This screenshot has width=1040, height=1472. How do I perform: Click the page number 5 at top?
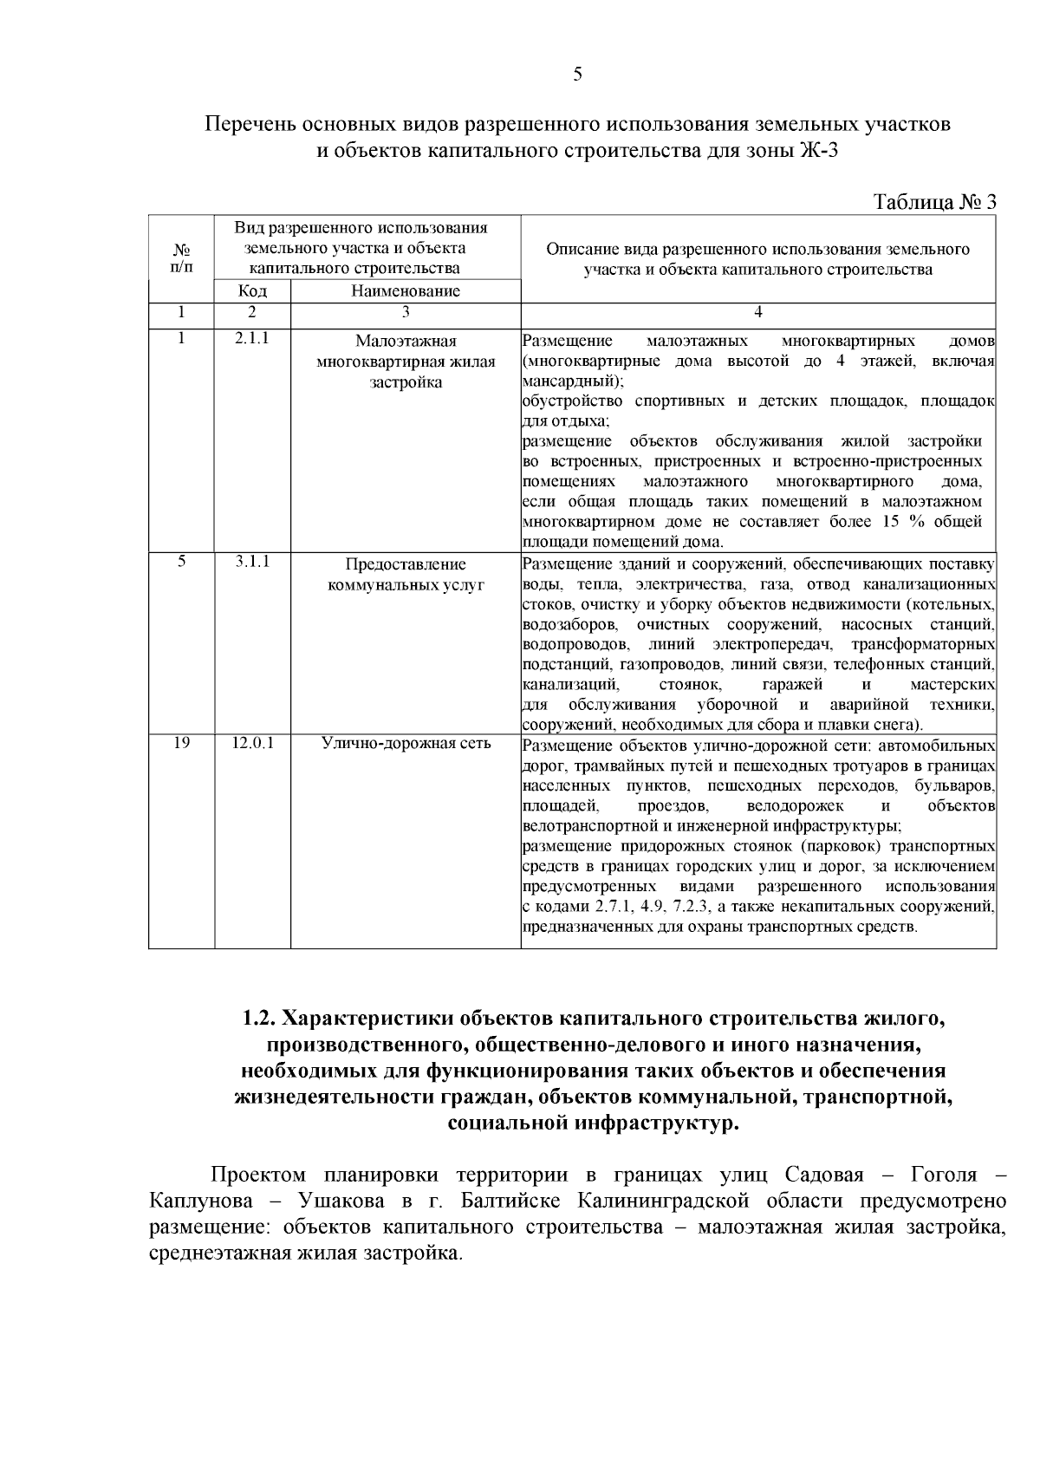(578, 75)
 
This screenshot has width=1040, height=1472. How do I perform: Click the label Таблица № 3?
(934, 202)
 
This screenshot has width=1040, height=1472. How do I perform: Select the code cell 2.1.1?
(251, 338)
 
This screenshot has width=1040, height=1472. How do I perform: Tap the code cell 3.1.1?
(251, 562)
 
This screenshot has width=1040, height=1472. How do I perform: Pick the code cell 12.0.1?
(252, 743)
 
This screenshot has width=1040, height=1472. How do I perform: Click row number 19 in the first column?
(181, 743)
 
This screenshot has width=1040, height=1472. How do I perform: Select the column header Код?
(251, 291)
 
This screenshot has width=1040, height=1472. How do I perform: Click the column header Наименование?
(405, 291)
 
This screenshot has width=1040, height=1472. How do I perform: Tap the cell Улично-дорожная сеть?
(406, 743)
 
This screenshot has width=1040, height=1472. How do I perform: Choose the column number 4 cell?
(758, 311)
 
